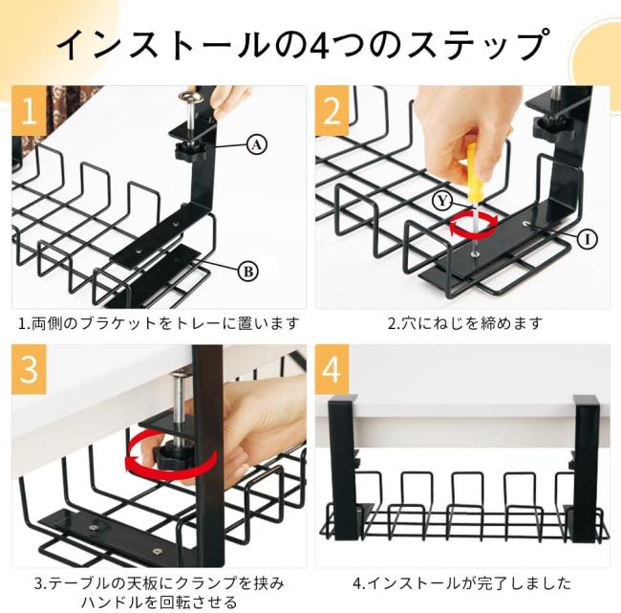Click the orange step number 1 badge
pos(29,111)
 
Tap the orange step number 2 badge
pos(332,111)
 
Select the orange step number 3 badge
pos(29,369)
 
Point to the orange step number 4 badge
pos(332,369)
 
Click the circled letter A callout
pos(257,145)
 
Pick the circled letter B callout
pos(248,272)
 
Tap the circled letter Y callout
pos(442,201)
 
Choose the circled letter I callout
pos(587,239)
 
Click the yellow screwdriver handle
pos(472,173)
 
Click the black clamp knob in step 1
pos(190,152)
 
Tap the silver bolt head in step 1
pos(190,97)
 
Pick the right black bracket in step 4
pos(586,468)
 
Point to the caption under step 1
pos(159,324)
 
